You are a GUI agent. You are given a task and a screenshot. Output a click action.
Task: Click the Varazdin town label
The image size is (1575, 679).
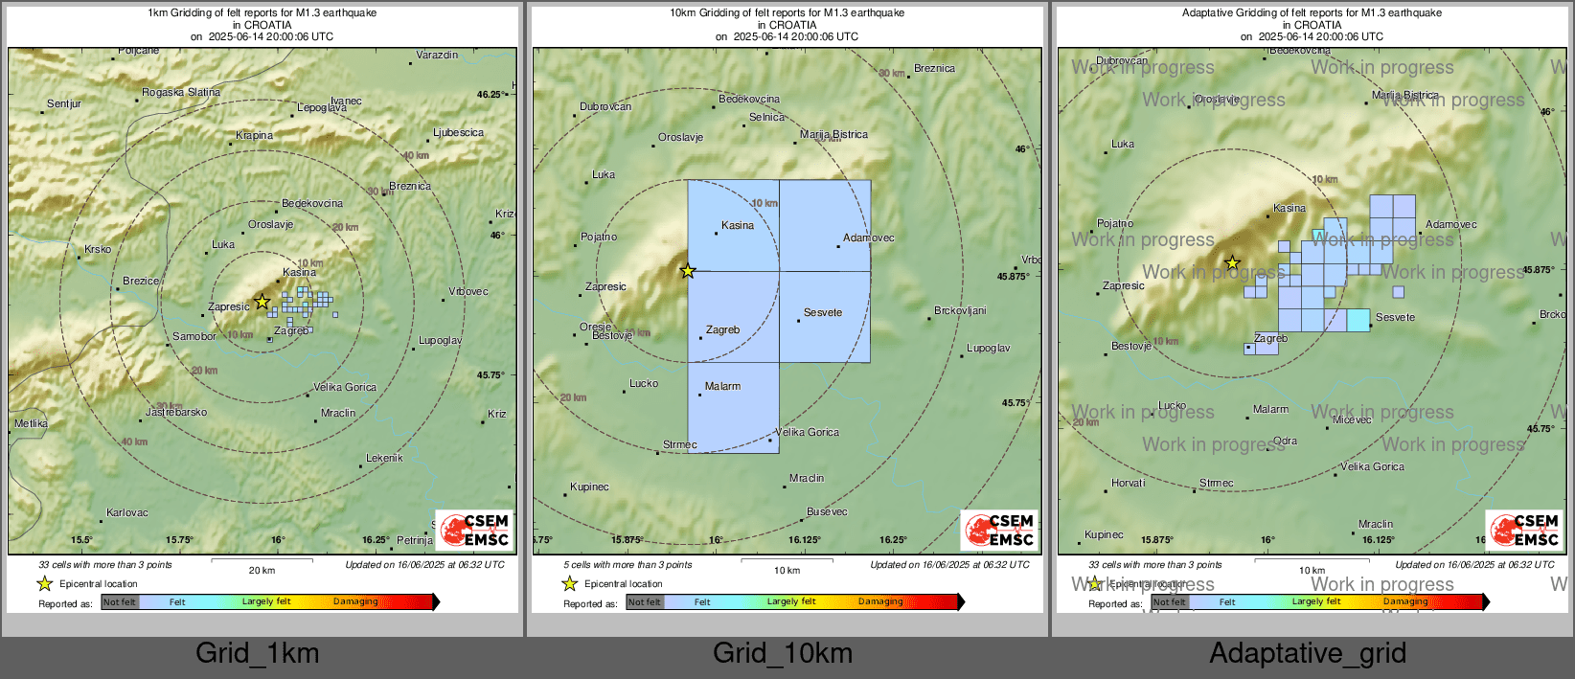(437, 56)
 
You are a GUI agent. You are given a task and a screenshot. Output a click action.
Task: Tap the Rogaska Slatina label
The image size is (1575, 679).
(181, 93)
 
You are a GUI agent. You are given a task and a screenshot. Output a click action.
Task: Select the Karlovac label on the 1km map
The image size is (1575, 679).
(127, 513)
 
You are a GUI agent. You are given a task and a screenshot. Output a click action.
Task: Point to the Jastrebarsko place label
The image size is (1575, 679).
(176, 413)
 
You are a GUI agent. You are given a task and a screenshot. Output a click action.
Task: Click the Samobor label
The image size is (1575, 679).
(194, 337)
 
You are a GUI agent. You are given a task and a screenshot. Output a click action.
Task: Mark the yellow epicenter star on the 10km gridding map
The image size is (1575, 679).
(688, 271)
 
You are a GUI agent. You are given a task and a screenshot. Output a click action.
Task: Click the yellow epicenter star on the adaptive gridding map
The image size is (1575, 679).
(1233, 262)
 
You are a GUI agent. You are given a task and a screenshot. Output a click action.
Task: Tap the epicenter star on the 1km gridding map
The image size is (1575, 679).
(262, 302)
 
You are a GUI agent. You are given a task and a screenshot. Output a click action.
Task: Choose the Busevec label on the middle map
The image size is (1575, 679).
(827, 512)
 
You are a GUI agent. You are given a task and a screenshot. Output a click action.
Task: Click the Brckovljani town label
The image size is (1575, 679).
(960, 311)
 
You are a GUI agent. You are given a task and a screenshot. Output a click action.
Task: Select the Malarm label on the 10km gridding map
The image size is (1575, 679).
(722, 387)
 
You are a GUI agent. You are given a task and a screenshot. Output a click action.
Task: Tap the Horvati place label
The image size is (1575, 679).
(1129, 484)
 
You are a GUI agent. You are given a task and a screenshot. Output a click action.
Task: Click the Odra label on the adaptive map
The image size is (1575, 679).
(1285, 441)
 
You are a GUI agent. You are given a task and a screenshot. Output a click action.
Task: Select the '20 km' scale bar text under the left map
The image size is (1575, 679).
(262, 571)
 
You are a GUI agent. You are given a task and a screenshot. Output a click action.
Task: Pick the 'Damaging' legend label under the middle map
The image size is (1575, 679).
(880, 602)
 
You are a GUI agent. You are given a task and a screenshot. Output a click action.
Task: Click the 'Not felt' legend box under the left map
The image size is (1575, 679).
(120, 602)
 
